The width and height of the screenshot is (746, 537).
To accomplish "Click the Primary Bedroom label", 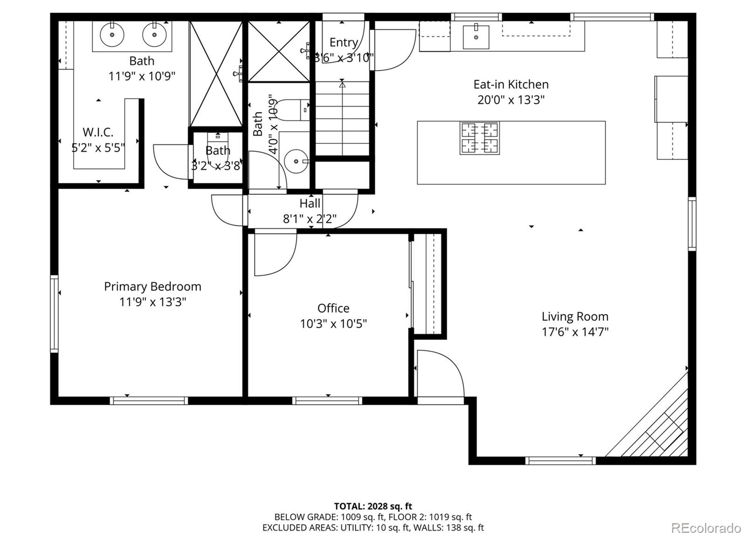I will click(x=152, y=286).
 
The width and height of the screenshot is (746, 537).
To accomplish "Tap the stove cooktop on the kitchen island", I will click(x=479, y=138).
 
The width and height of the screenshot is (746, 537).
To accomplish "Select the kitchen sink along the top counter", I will click(x=476, y=37).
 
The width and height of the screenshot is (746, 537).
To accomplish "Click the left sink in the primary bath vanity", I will click(x=112, y=34).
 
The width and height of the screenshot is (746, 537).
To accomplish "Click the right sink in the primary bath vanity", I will click(x=154, y=34).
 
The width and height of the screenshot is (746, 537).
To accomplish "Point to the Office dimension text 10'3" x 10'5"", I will click(x=333, y=323).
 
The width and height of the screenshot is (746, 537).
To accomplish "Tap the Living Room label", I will click(x=574, y=317).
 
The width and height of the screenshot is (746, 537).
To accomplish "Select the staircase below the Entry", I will click(x=342, y=119).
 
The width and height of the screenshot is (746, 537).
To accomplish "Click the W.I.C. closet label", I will click(x=98, y=132).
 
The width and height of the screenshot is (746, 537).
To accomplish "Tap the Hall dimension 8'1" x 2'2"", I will click(x=310, y=218).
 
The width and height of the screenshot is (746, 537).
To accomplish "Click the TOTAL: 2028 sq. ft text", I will click(x=373, y=506).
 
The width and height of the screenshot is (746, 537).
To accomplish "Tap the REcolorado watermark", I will click(x=705, y=528).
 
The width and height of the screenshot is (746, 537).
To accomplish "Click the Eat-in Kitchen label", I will click(x=511, y=84).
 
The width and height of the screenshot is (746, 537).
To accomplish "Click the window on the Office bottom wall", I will click(x=327, y=400).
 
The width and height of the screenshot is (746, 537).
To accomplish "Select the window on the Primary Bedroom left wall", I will click(x=55, y=313).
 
